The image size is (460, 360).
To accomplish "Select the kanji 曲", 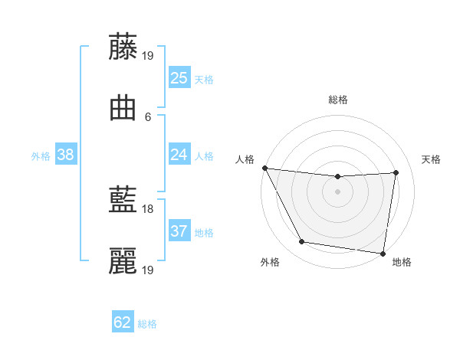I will (x=123, y=109).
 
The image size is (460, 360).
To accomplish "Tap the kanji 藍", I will (x=123, y=201).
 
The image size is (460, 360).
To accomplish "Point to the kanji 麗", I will (x=123, y=262).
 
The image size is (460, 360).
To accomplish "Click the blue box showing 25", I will (x=179, y=78).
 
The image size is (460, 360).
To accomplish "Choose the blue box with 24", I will (x=179, y=155).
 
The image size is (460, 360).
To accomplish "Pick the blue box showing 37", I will (x=179, y=231).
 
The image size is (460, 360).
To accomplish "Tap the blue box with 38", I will (x=66, y=155).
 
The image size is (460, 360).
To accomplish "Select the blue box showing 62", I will (x=123, y=322).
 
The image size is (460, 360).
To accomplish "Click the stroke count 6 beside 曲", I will (x=148, y=116).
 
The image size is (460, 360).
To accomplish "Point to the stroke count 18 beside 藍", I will (x=148, y=208).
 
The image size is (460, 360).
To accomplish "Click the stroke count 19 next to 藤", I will (x=148, y=55).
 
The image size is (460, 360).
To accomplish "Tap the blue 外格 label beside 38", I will (x=41, y=155).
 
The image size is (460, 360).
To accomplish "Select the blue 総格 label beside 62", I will (x=147, y=323).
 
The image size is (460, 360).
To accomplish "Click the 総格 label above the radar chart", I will (x=338, y=100).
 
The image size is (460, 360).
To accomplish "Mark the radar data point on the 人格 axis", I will (x=264, y=168).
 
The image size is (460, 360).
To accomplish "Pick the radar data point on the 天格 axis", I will (x=396, y=172).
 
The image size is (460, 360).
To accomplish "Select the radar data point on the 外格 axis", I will (x=302, y=243).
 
